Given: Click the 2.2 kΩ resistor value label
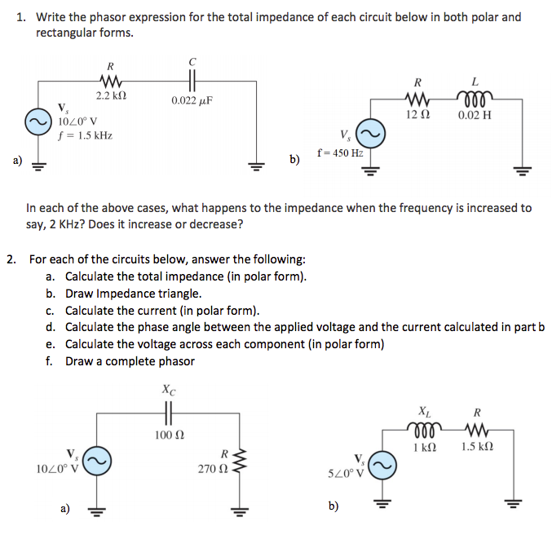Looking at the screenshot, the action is click(x=111, y=95).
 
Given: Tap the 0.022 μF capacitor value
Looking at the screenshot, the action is click(x=192, y=101).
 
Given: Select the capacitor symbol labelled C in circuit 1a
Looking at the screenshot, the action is click(x=192, y=81).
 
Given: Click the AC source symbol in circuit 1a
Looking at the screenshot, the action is click(x=38, y=122).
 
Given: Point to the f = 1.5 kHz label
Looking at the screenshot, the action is click(x=85, y=135).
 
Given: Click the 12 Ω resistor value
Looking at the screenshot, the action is click(x=417, y=114).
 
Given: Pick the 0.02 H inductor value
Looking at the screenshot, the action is click(x=475, y=115).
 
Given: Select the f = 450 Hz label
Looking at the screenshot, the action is click(x=340, y=152).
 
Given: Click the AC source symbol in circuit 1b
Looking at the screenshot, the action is click(x=371, y=134).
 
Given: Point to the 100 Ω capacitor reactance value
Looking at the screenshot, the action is click(x=170, y=435).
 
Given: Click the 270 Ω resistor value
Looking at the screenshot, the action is click(x=213, y=469).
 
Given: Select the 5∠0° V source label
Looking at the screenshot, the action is click(x=347, y=473).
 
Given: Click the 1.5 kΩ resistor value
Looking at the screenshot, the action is click(x=477, y=447).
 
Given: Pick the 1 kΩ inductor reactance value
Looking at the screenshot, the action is click(x=425, y=447).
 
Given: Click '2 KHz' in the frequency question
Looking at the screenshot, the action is click(x=67, y=224).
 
